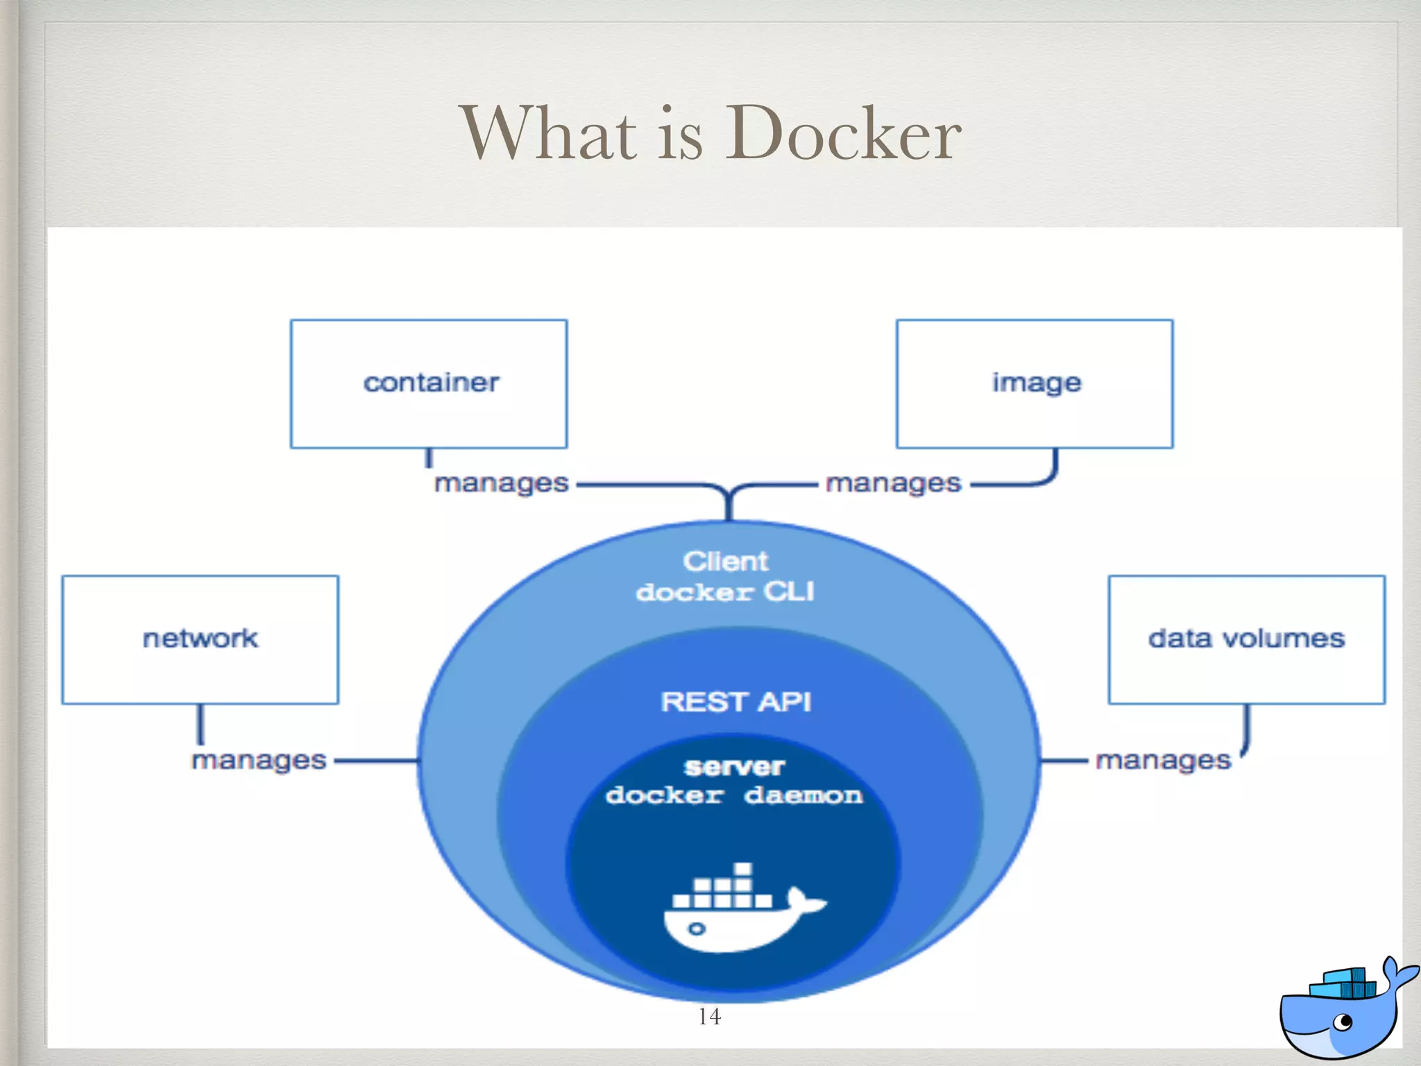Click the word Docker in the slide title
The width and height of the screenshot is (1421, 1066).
(x=843, y=133)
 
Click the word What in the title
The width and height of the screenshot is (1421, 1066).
(x=548, y=133)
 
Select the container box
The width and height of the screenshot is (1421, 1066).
(x=429, y=384)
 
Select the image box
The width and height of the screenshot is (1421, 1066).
(x=1035, y=384)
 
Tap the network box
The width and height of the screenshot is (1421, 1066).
(x=200, y=639)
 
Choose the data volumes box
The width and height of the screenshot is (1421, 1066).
(x=1246, y=639)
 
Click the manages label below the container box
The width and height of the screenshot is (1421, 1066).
(x=501, y=483)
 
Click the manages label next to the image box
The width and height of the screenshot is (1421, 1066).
(x=893, y=483)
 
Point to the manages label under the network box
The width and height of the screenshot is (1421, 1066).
(x=259, y=761)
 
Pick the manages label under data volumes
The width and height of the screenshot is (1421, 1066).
(x=1163, y=761)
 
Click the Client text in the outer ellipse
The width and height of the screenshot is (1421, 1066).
(x=725, y=561)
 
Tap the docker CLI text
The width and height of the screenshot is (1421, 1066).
(x=725, y=592)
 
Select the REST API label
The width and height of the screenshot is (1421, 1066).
(x=735, y=702)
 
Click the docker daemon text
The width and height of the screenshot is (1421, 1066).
(x=733, y=795)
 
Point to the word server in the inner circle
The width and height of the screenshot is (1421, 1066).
(x=734, y=766)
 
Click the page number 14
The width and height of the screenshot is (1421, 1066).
(x=709, y=1017)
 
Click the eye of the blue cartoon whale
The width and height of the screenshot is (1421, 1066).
(x=1345, y=1022)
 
